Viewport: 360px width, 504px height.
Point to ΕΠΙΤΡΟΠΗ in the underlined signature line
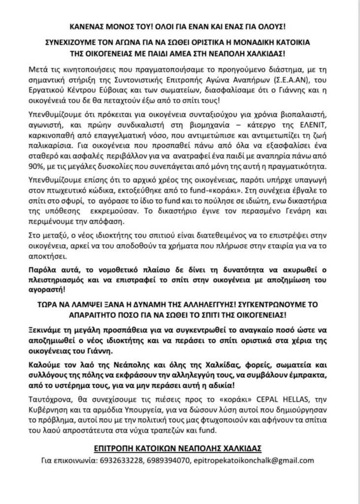point(116,448)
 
